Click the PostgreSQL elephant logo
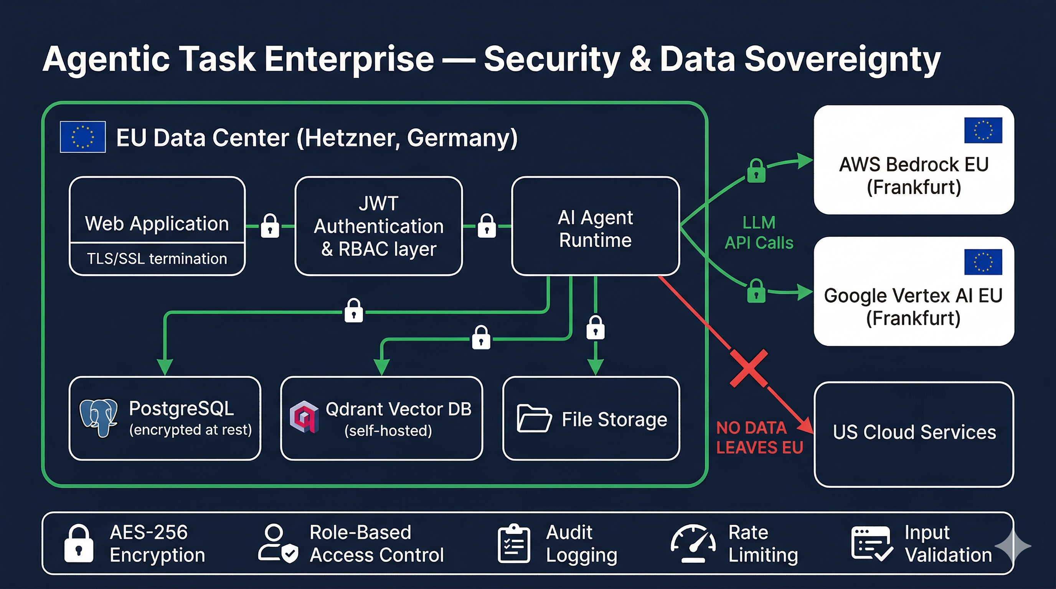(99, 418)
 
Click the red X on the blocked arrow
(749, 368)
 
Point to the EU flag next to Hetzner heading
(83, 137)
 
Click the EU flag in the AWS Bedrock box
(983, 130)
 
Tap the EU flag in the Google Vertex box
(983, 262)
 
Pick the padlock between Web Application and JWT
(270, 226)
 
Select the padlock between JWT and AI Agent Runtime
(487, 226)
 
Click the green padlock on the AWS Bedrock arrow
(756, 171)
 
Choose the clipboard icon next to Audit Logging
(514, 544)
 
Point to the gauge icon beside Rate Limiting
(693, 543)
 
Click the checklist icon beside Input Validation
(871, 544)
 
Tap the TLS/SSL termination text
(157, 259)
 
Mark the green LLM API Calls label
(759, 233)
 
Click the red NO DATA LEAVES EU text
(759, 438)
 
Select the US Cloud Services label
(914, 432)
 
